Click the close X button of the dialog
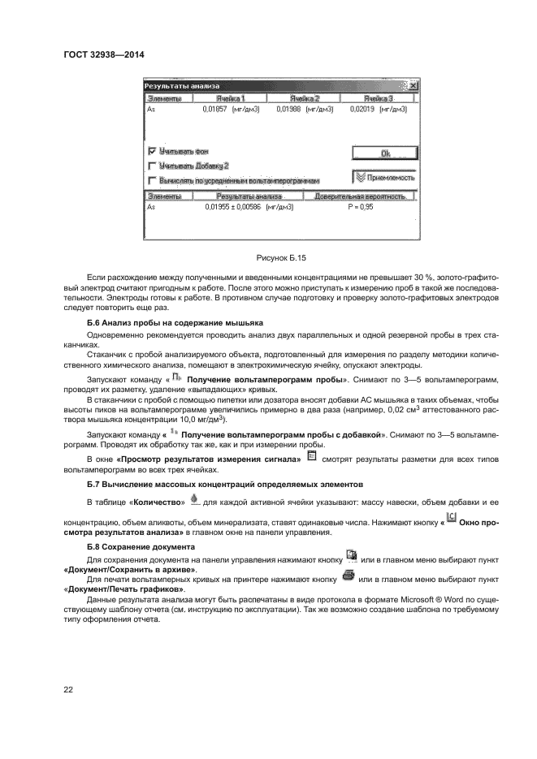pyautogui.click(x=413, y=86)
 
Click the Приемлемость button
pyautogui.click(x=385, y=177)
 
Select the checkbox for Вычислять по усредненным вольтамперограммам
pyautogui.click(x=152, y=180)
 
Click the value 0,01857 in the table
pyautogui.click(x=215, y=108)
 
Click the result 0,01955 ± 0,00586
pyautogui.click(x=237, y=207)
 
